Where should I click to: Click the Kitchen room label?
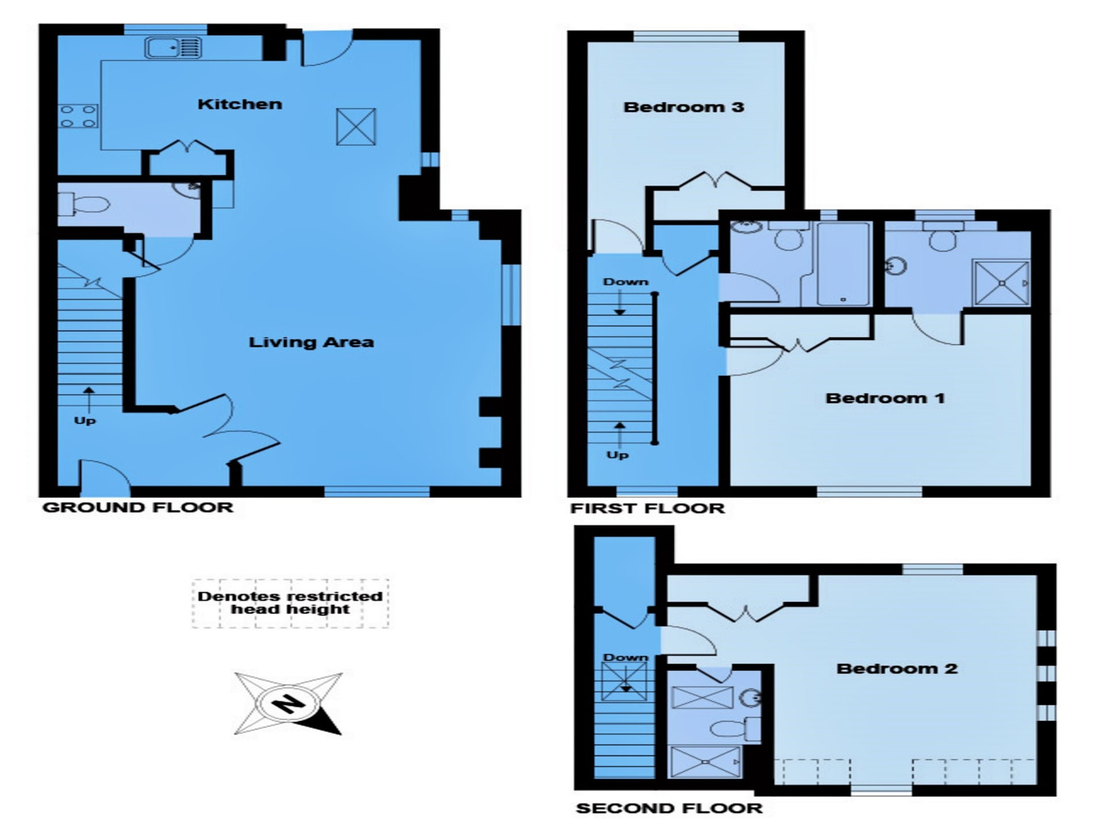[240, 104]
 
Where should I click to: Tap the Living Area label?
[311, 342]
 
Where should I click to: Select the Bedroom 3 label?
[684, 107]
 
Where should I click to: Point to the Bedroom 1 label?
[885, 398]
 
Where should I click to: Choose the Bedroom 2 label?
[897, 668]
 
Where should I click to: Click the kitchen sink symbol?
[172, 48]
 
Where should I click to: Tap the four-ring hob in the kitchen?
[78, 116]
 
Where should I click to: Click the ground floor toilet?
[84, 204]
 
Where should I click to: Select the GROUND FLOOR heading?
[138, 508]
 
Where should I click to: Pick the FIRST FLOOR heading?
[647, 508]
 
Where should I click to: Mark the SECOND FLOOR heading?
[669, 808]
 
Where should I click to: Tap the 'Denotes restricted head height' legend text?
[290, 603]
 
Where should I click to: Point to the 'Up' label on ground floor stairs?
[85, 420]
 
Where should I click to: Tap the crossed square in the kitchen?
[356, 126]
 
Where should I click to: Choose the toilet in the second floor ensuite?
[735, 729]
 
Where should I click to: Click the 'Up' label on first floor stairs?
[618, 455]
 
